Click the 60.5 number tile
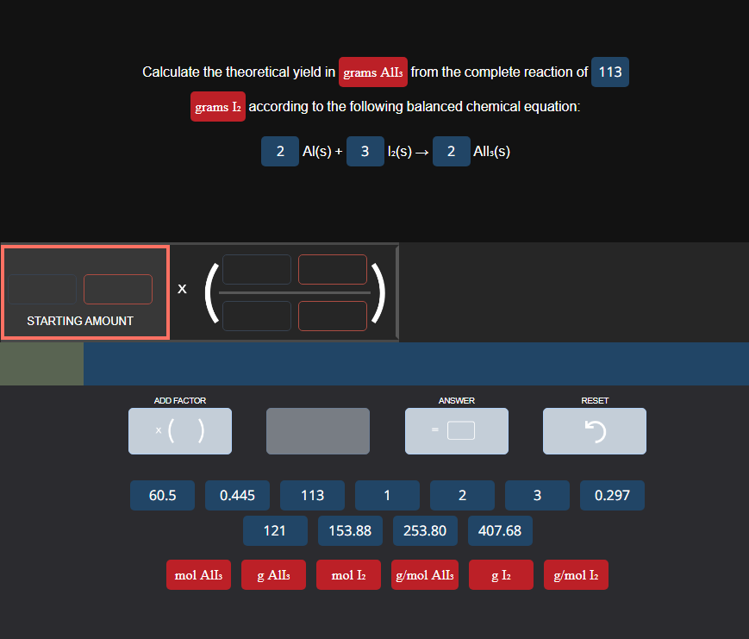click(x=162, y=495)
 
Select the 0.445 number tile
click(x=237, y=495)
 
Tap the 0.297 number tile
click(x=612, y=495)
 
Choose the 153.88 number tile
click(x=350, y=530)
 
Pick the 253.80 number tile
click(x=425, y=530)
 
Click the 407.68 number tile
click(x=500, y=530)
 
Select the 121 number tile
click(x=275, y=530)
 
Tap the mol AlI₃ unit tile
click(x=198, y=575)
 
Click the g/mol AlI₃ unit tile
click(x=423, y=575)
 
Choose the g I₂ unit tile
click(x=501, y=575)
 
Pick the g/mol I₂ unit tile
click(x=576, y=575)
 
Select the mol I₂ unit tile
click(x=348, y=575)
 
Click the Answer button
click(x=456, y=430)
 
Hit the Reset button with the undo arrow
click(x=594, y=430)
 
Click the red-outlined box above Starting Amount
click(x=118, y=289)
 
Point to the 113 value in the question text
click(x=609, y=72)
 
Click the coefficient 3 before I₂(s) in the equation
click(x=365, y=152)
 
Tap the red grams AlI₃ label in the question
click(x=372, y=72)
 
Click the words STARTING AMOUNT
click(x=80, y=321)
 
